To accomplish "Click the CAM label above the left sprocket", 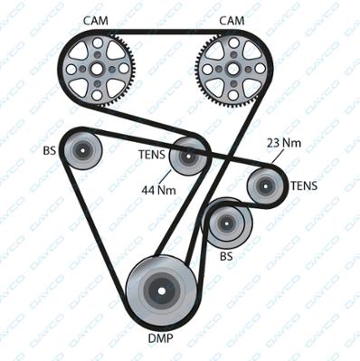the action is click(95, 21).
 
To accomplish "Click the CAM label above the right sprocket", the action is click(232, 21).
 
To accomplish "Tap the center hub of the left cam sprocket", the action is click(97, 69).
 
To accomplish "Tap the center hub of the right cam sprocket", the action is click(233, 69).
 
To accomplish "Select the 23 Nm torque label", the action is click(284, 143).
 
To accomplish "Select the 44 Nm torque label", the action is click(159, 190).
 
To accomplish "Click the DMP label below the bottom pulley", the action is click(161, 338).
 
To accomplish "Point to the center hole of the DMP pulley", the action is click(162, 291).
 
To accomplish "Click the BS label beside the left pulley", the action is click(50, 150).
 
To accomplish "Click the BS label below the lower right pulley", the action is click(226, 256).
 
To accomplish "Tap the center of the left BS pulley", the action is click(82, 150).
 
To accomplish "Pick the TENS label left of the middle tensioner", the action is click(152, 155).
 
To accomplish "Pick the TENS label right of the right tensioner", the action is click(304, 185).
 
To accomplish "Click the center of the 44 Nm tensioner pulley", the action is click(188, 157).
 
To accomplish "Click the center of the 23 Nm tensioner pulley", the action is click(266, 185).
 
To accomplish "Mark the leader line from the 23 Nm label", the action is click(278, 156).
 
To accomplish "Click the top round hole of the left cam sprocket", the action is click(97, 43).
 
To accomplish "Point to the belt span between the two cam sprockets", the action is click(166, 32).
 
